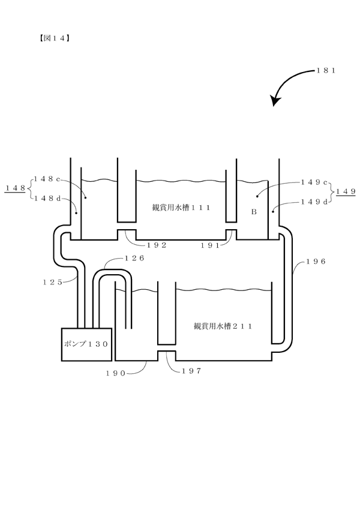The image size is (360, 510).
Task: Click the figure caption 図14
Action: [x=55, y=38]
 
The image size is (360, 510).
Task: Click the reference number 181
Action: [x=326, y=70]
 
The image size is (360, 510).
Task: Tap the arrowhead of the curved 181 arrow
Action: [x=276, y=101]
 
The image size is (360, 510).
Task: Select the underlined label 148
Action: [x=15, y=188]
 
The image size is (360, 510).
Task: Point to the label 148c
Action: [x=47, y=179]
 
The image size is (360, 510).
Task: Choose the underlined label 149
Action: [x=346, y=191]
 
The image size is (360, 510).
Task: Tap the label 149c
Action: [x=314, y=182]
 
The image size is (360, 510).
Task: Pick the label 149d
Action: [x=314, y=202]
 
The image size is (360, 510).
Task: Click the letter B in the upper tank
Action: [x=254, y=212]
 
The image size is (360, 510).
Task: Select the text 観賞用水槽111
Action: [x=181, y=208]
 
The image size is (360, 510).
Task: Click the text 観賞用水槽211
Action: [x=223, y=326]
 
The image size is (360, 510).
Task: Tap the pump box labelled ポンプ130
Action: [x=86, y=344]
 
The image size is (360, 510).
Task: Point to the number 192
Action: [x=157, y=245]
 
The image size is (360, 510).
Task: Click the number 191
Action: [x=210, y=245]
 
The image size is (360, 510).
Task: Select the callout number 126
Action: [x=134, y=258]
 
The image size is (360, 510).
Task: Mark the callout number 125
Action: [x=53, y=283]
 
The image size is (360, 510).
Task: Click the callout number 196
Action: [x=316, y=262]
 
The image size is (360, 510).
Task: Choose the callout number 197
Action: [x=191, y=371]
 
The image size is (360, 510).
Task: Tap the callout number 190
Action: [x=116, y=373]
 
